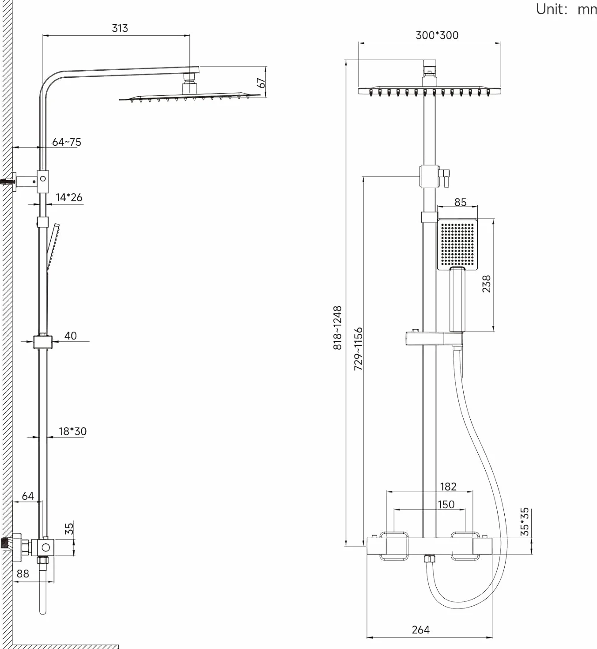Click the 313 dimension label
120,28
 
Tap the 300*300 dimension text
437,35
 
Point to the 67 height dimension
261,83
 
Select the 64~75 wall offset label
67,142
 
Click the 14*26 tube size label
69,197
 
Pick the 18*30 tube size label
72,431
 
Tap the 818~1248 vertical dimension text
337,328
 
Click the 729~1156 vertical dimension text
358,349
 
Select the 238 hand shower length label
486,284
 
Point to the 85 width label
461,203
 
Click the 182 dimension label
448,487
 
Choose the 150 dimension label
446,504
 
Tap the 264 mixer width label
421,630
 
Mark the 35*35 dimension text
525,522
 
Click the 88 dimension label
23,574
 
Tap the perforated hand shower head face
457,244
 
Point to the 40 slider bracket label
71,336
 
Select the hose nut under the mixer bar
429,559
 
